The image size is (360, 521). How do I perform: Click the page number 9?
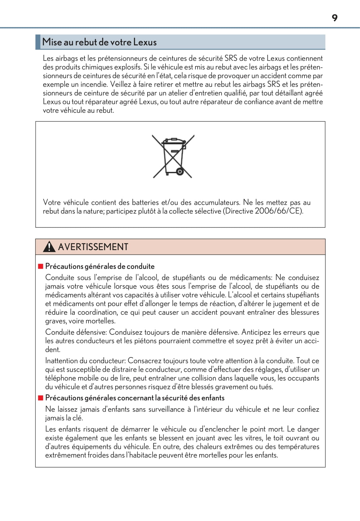tap(334, 18)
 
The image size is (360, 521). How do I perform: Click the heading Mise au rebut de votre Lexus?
tap(99, 42)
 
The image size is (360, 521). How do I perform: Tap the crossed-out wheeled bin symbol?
tap(172, 156)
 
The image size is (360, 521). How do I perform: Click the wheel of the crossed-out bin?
tap(180, 172)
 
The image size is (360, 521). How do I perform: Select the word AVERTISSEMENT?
tap(93, 247)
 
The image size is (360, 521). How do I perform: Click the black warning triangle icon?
tap(49, 247)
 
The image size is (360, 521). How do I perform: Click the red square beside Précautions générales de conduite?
tap(40, 266)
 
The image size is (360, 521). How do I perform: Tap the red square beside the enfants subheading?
tap(40, 398)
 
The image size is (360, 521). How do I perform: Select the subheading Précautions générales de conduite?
tap(100, 266)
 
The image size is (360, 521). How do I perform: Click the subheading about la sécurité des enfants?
tap(135, 398)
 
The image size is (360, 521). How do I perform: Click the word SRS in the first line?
tap(230, 59)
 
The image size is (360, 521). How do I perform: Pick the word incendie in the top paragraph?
tap(94, 84)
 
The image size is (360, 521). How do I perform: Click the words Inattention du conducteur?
tap(85, 361)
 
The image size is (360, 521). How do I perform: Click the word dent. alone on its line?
tap(53, 350)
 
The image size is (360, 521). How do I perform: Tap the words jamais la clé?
tap(64, 418)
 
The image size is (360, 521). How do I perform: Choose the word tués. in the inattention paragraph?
tap(266, 387)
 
